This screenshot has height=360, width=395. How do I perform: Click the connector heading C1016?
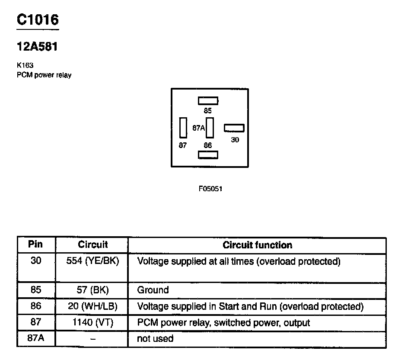[37, 20]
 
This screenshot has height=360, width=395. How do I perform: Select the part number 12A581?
[37, 47]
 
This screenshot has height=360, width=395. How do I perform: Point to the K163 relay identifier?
[25, 65]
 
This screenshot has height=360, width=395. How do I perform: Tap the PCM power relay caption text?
[44, 75]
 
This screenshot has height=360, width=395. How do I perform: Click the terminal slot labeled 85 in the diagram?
[208, 101]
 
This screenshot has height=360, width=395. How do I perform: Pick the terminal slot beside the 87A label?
[210, 128]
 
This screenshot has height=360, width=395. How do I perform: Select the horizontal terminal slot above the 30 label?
[234, 128]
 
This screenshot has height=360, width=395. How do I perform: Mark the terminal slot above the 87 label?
[183, 128]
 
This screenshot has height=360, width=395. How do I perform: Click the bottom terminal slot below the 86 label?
[208, 154]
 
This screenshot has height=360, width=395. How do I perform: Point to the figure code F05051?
[210, 189]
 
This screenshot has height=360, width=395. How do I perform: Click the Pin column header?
[35, 244]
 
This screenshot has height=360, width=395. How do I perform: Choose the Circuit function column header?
[257, 245]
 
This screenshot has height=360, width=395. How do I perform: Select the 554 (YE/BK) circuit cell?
[92, 261]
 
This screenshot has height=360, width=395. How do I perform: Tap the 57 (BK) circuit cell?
[92, 289]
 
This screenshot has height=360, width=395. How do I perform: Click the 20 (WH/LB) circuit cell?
[92, 306]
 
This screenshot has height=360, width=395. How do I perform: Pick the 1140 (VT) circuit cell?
[92, 322]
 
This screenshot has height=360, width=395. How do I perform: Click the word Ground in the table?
[153, 289]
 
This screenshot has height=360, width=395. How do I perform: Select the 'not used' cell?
[155, 338]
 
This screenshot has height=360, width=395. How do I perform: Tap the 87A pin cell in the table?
[36, 338]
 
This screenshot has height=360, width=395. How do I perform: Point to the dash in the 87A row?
[92, 339]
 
